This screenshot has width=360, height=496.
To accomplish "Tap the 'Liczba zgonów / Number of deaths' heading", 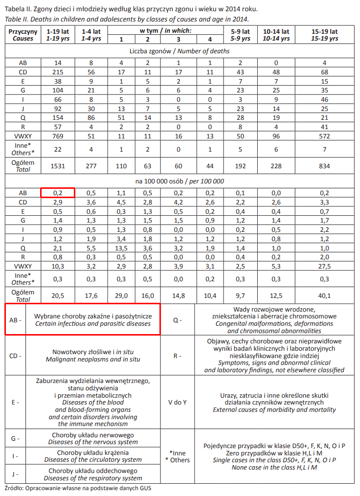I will [180, 51].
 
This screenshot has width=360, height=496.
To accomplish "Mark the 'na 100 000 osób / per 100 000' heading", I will [180, 181].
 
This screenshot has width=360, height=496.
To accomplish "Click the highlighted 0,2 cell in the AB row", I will [57, 192].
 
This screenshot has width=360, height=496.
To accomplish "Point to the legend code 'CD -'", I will [15, 356].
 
